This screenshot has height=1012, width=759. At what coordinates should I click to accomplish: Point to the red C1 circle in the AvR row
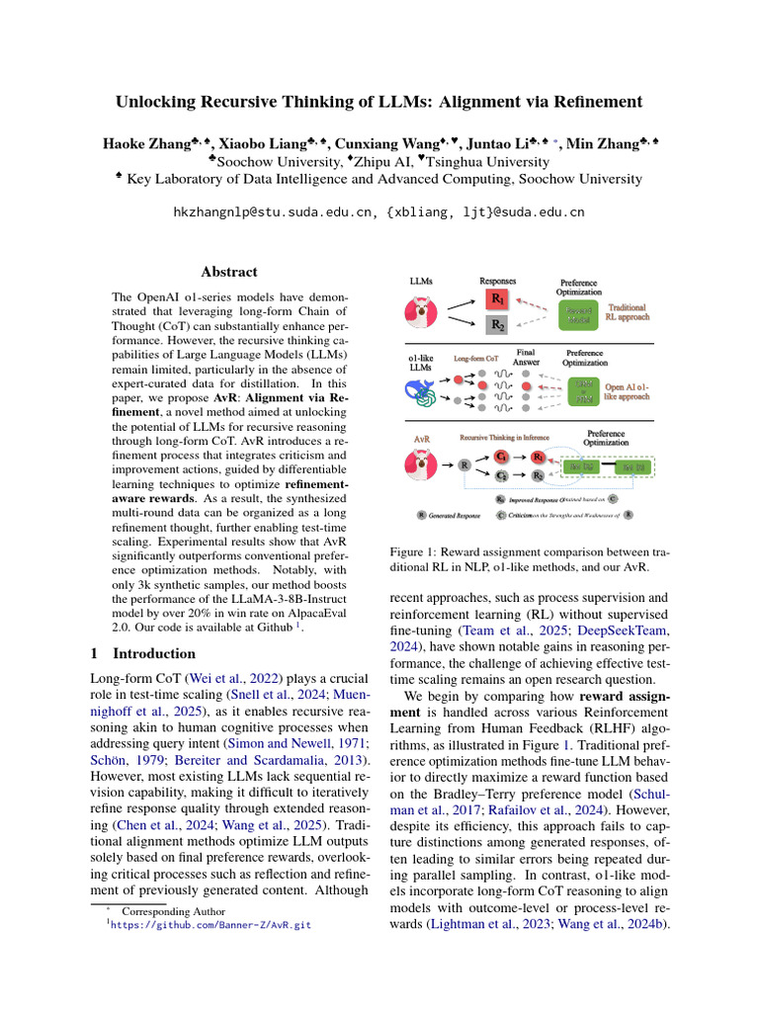(x=501, y=458)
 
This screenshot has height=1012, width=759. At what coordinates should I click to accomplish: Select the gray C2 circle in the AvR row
(x=501, y=475)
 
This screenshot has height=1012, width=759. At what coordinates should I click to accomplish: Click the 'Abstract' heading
(x=229, y=272)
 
